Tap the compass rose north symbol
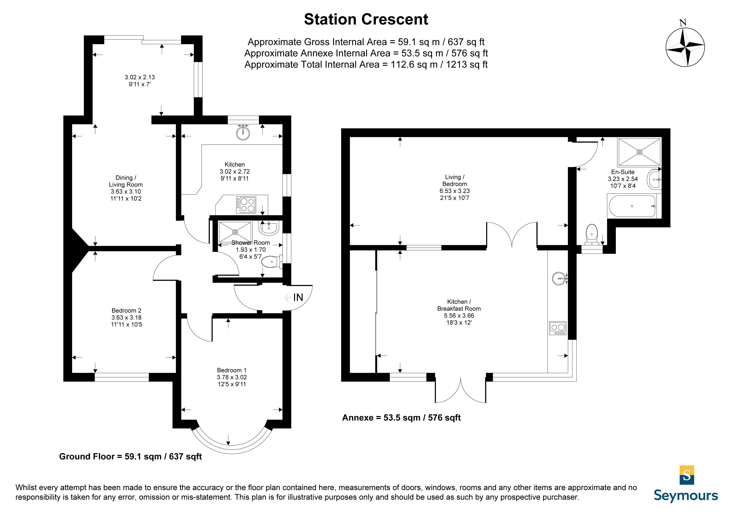685,47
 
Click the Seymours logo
686,484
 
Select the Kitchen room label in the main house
235,164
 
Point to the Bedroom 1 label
232,370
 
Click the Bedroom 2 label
126,310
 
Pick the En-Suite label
623,172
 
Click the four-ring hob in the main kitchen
246,205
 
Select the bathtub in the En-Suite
632,206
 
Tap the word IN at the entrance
298,297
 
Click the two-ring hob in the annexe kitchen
558,328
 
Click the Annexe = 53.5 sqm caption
401,418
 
